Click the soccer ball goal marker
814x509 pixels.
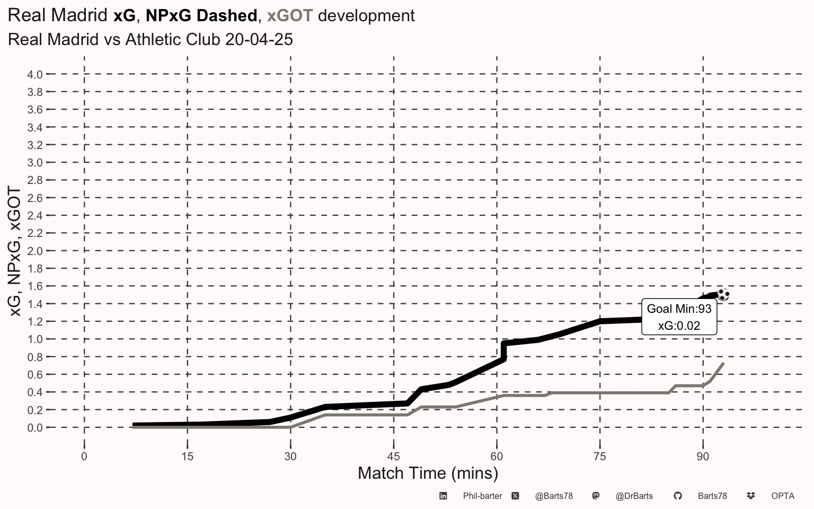click(723, 294)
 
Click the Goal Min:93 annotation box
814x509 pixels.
click(679, 317)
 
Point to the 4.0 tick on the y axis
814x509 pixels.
click(35, 75)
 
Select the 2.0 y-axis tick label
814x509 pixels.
click(35, 251)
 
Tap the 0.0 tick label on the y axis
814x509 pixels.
click(35, 427)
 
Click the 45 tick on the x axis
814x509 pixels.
click(394, 457)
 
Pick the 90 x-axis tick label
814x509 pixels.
click(703, 457)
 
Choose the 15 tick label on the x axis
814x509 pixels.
click(188, 457)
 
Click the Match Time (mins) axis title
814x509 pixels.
click(428, 473)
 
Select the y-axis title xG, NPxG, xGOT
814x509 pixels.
click(15, 251)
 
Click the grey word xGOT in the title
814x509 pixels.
click(290, 15)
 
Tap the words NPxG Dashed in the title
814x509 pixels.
click(201, 15)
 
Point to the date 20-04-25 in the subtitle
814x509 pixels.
click(259, 40)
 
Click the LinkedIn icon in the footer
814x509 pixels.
click(443, 496)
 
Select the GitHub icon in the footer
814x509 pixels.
click(677, 496)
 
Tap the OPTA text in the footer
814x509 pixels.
click(783, 496)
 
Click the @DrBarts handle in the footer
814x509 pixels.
click(634, 496)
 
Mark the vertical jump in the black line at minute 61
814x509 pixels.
click(503, 351)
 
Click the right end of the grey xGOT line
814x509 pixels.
click(723, 363)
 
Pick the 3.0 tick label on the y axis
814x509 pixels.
click(35, 163)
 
